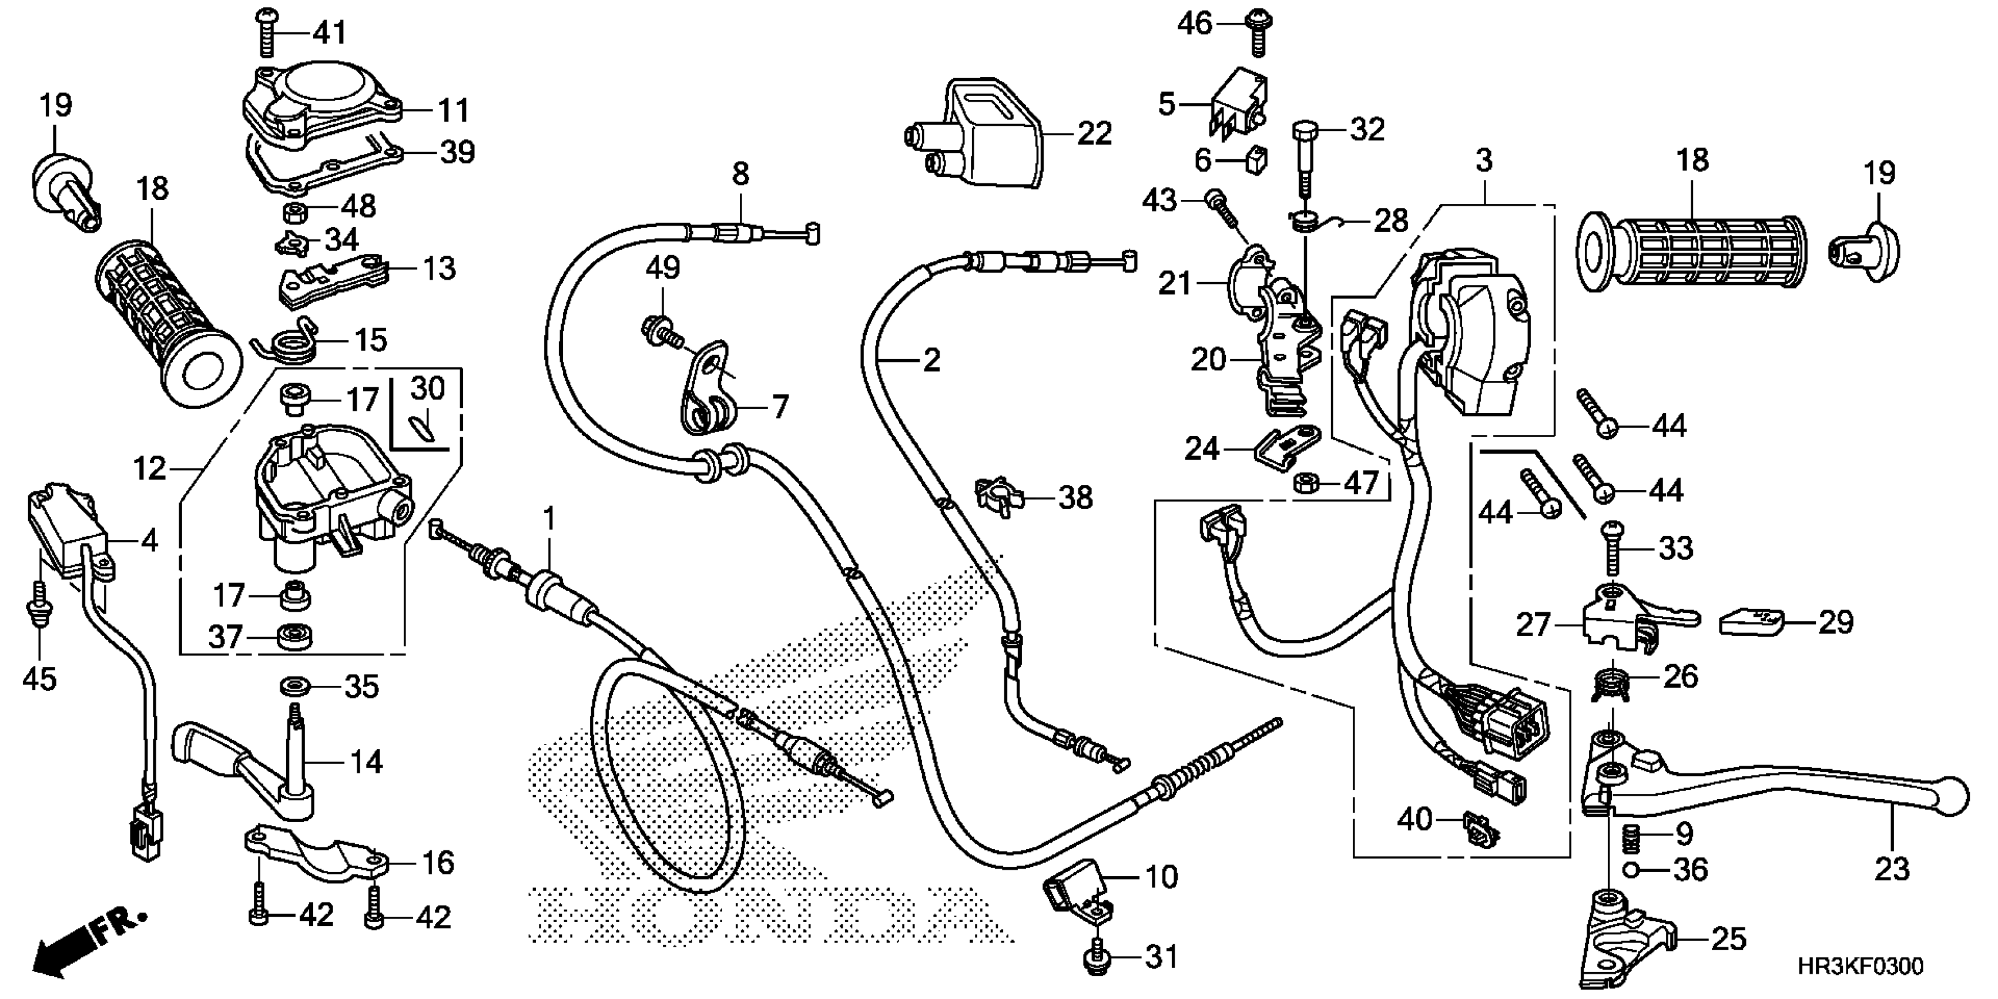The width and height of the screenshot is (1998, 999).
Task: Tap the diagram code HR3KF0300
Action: tap(1860, 967)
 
